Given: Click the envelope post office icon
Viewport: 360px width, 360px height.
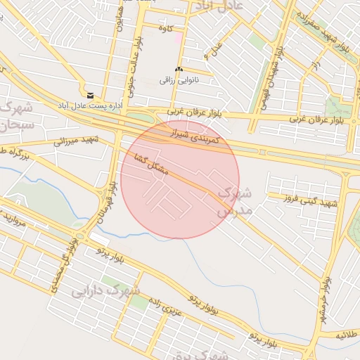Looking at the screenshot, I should click(90, 95).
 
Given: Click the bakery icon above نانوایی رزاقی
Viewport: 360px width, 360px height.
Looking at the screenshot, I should click(178, 70).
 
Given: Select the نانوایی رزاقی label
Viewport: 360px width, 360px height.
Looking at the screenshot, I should click(180, 80).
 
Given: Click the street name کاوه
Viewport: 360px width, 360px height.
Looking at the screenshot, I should click(166, 29).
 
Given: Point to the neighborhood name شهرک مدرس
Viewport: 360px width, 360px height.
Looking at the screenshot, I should click(225, 201).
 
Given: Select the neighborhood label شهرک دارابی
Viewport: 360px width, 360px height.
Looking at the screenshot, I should click(105, 290).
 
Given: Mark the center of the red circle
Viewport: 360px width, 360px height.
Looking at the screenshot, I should click(180, 180).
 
